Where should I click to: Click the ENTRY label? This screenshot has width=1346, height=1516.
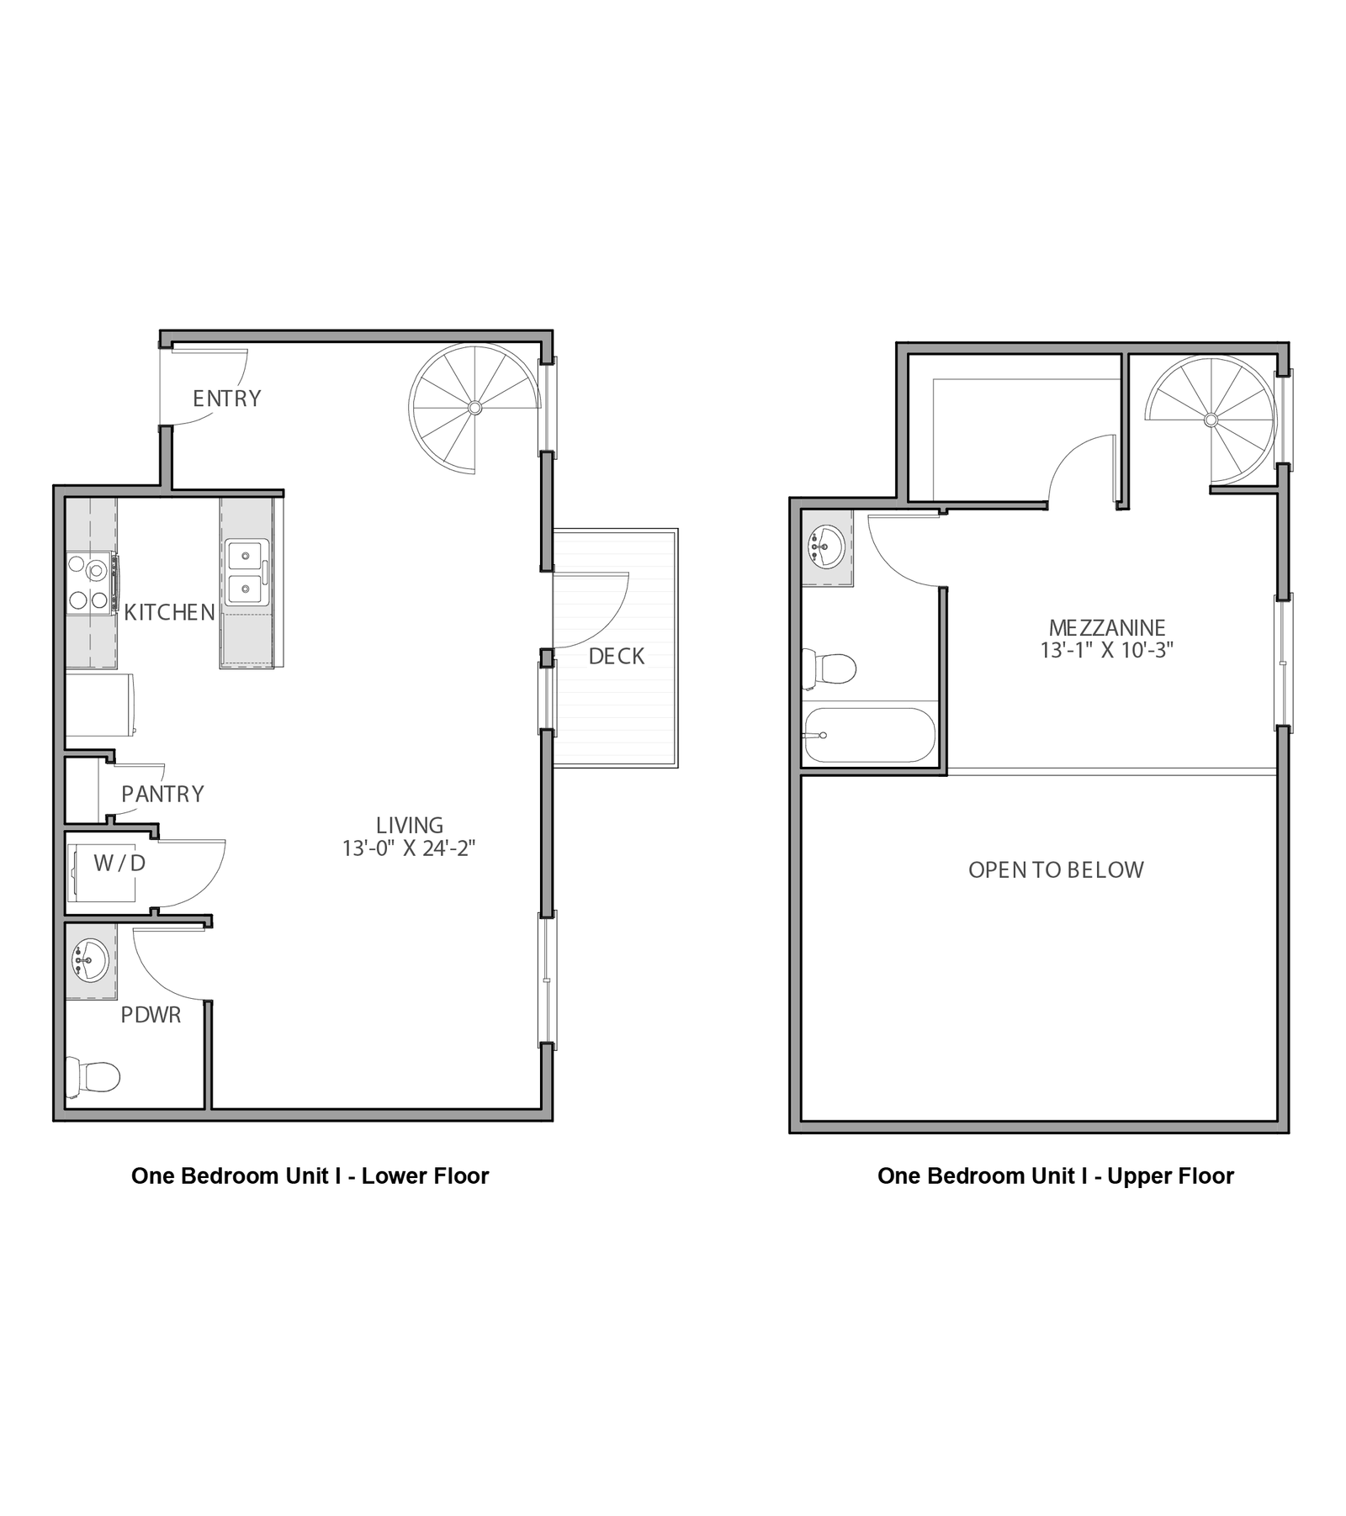[x=226, y=399]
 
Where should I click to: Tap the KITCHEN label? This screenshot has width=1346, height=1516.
[x=170, y=613]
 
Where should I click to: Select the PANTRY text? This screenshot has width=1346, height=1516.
[x=162, y=794]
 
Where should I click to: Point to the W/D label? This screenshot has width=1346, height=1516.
[x=119, y=863]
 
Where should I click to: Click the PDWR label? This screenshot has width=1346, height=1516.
[x=151, y=1015]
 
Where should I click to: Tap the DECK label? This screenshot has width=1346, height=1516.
[x=617, y=657]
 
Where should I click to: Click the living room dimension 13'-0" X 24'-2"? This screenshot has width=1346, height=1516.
[x=409, y=848]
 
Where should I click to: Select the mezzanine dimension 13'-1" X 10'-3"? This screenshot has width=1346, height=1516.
[x=1107, y=650]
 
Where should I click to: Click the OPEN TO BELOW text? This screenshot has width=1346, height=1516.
[x=1056, y=870]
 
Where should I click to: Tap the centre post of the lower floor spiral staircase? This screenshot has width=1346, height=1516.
[x=474, y=408]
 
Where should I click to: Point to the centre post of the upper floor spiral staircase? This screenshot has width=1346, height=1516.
[x=1211, y=420]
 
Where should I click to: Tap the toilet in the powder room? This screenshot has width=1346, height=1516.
[x=93, y=1076]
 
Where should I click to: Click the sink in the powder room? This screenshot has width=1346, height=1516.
[x=89, y=960]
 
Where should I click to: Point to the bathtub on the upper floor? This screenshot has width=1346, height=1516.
[x=869, y=735]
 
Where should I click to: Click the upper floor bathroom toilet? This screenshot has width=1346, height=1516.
[x=829, y=669]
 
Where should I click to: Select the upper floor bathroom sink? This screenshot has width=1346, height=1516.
[x=825, y=546]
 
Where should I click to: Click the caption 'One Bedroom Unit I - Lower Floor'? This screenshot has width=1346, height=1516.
[x=310, y=1175]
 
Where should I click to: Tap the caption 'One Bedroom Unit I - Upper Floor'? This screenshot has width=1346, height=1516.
[x=1056, y=1175]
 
